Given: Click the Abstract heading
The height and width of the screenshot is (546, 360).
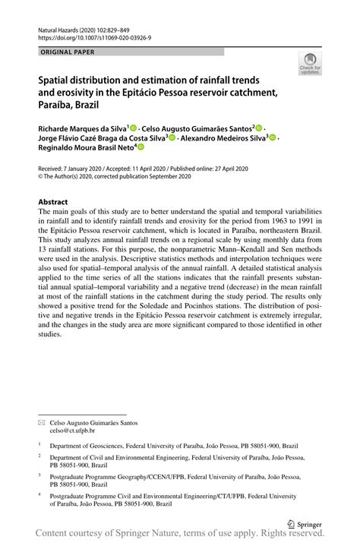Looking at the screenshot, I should (53, 201).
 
